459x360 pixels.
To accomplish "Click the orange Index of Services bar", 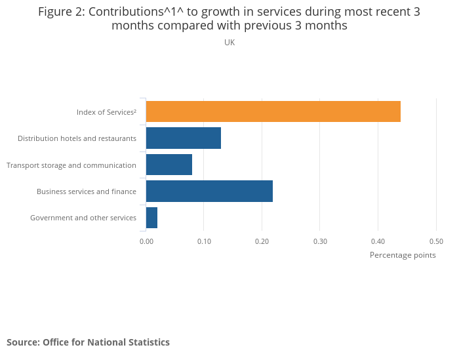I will click(x=273, y=112).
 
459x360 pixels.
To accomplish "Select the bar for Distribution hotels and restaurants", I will click(x=184, y=138).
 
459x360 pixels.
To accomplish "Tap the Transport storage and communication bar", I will click(x=169, y=165).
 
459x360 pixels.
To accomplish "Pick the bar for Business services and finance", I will click(x=209, y=191).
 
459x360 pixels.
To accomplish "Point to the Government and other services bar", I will click(x=151, y=218).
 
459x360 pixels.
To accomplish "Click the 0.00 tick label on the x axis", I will click(x=146, y=241).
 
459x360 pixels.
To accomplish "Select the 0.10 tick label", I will click(x=204, y=241).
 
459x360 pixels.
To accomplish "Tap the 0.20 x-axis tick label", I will click(x=262, y=241).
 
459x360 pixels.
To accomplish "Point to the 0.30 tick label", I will click(x=320, y=241).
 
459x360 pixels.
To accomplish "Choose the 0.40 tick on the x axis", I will click(x=378, y=241).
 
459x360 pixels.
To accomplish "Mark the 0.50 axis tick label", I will click(x=436, y=241).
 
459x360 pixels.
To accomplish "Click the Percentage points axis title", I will click(x=403, y=255).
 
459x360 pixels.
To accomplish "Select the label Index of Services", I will click(x=106, y=112).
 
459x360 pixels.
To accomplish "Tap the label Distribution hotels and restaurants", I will click(x=77, y=138).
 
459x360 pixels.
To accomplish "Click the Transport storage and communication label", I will click(x=71, y=165).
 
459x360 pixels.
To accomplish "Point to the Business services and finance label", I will click(x=87, y=191).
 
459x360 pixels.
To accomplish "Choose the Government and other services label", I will click(x=83, y=218).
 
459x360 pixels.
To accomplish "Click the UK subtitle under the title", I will click(x=229, y=42).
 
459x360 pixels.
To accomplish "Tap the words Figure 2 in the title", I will click(x=60, y=12).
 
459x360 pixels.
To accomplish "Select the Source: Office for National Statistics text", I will click(x=88, y=342).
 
